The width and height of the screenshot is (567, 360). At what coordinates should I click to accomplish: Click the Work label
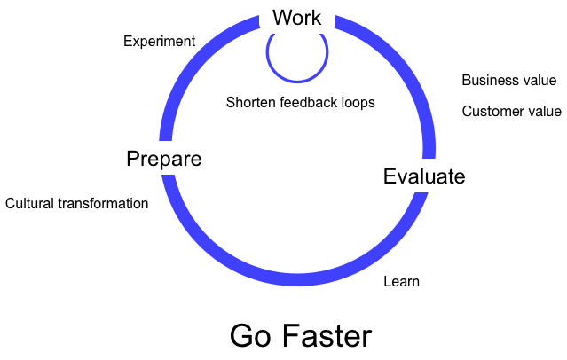(296, 17)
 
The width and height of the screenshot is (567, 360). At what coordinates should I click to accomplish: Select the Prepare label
(163, 159)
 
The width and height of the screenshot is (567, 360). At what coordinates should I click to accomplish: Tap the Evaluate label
(423, 176)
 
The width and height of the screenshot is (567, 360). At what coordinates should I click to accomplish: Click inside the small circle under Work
(297, 53)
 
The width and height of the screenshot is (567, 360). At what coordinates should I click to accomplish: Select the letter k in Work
(316, 17)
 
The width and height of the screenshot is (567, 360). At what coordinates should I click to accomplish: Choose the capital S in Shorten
(231, 103)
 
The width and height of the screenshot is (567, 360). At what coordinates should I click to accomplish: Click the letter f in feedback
(282, 103)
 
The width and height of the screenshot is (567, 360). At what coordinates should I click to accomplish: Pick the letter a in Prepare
(182, 160)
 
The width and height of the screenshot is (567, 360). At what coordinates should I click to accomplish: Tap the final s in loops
(372, 103)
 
